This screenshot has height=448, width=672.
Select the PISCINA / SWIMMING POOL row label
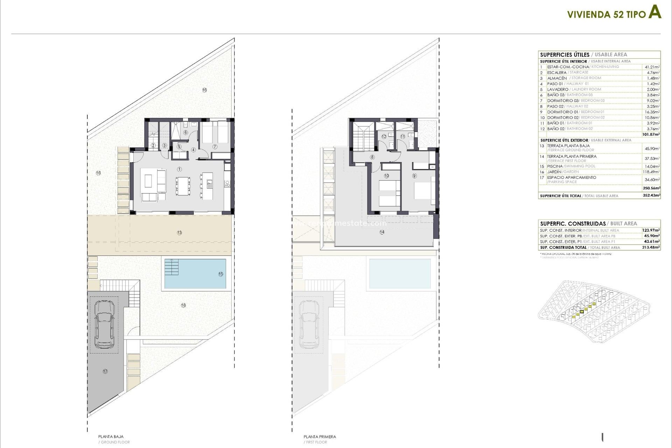click(x=571, y=166)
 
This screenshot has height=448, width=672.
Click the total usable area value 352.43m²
click(x=651, y=196)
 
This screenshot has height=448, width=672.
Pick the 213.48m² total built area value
click(x=651, y=247)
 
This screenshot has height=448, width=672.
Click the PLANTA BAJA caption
click(x=111, y=436)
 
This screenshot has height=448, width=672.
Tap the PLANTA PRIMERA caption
click(x=320, y=436)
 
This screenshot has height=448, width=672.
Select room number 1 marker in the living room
click(x=179, y=169)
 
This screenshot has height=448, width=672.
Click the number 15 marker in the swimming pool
click(x=220, y=274)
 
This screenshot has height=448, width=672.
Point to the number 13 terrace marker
click(x=179, y=233)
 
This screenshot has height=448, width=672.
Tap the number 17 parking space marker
click(x=105, y=371)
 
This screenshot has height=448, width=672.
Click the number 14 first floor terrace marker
click(x=381, y=232)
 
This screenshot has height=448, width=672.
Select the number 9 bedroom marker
click(x=414, y=176)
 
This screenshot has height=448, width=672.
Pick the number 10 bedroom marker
click(x=386, y=176)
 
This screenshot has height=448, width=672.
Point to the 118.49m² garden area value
click(x=652, y=172)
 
